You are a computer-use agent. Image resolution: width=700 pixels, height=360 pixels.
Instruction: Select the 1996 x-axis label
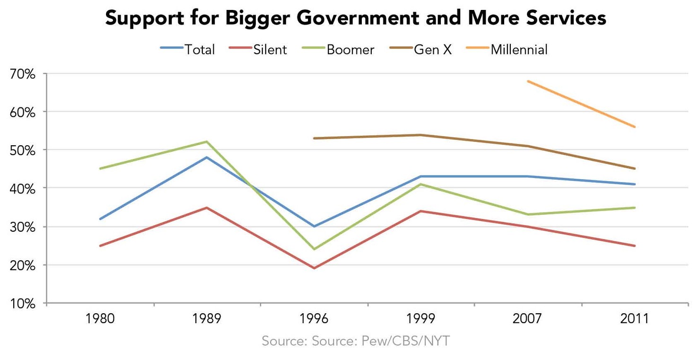pos(314,318)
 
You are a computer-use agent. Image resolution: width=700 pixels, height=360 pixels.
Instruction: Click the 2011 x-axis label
pos(635,318)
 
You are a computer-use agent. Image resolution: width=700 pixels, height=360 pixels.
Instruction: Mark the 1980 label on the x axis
pos(100,318)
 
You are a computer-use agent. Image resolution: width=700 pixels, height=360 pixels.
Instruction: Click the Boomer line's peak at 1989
pos(207,141)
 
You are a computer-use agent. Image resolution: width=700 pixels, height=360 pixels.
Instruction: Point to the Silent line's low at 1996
pos(314,268)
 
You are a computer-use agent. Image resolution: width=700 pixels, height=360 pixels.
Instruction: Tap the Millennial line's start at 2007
pos(528,81)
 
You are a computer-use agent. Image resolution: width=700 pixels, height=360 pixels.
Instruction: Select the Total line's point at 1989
pos(207,157)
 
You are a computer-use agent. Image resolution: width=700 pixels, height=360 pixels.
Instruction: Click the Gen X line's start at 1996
pos(314,138)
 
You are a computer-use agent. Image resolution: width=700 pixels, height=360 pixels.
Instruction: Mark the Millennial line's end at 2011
pos(635,127)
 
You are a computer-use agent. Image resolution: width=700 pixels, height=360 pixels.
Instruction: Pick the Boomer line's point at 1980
pos(100,168)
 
